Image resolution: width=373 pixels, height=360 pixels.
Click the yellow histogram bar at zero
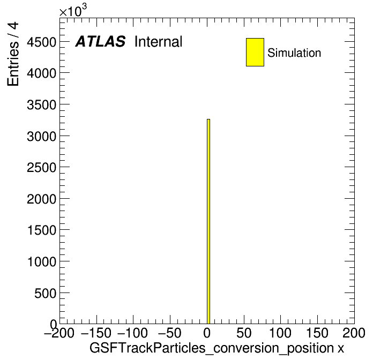[x=208, y=221]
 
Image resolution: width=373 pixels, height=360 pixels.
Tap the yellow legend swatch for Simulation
[x=255, y=52]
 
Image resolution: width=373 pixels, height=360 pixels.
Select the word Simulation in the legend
[x=294, y=52]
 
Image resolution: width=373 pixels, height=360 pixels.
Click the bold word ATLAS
[x=100, y=41]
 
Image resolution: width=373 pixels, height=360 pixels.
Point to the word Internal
[x=159, y=41]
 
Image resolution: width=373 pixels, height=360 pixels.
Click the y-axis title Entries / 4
[x=13, y=54]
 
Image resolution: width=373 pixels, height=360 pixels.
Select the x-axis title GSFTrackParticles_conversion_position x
[x=217, y=348]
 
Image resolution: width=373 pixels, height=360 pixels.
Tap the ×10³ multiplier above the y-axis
[x=73, y=11]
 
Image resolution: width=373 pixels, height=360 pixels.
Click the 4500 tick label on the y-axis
[x=42, y=42]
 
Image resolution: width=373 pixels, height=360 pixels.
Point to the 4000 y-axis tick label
[x=42, y=73]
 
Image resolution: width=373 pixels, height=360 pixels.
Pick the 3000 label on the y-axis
[x=42, y=136]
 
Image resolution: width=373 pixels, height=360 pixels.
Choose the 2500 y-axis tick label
[x=42, y=168]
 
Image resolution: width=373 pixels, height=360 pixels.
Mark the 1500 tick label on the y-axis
[x=42, y=230]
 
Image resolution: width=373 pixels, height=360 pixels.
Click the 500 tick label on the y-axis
[x=46, y=293]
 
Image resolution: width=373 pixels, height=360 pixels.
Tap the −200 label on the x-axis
[x=59, y=333]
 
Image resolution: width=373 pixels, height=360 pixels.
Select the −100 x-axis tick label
[x=132, y=333]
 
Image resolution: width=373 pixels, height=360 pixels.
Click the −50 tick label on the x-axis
[x=169, y=333]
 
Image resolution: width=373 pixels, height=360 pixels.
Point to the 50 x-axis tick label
[x=244, y=333]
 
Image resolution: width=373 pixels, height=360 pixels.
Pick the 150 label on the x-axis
[x=317, y=333]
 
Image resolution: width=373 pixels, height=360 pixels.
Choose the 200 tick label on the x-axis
[x=354, y=333]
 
